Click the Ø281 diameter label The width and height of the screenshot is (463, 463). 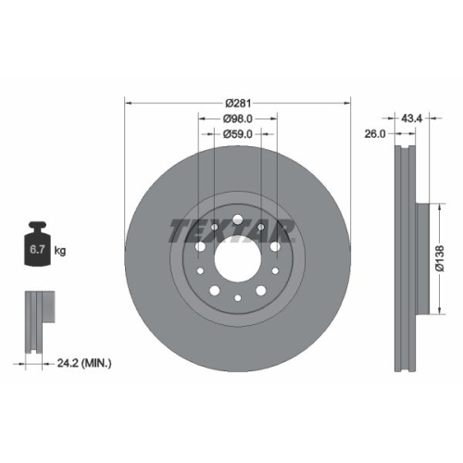coord(238,104)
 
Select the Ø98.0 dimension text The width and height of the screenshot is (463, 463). coord(238,119)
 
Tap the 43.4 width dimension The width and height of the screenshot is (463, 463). coord(412,119)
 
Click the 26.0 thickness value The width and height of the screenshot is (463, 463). coord(375,133)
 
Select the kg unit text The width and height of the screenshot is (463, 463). coord(60,251)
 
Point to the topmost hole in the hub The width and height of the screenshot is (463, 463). coord(238,219)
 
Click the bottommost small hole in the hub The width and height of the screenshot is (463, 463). coord(238,297)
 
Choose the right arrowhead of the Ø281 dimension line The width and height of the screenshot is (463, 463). coord(348,104)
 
